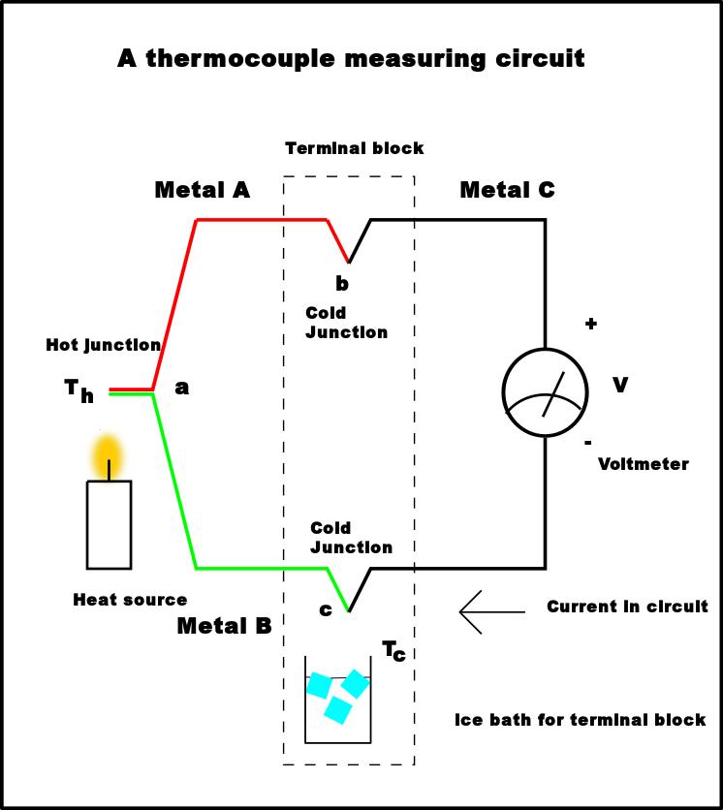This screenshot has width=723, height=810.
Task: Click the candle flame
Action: coord(108,452)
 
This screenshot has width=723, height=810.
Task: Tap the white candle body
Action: coord(109,524)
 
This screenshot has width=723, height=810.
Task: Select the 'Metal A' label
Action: coord(202,190)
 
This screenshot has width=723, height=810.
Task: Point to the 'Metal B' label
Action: coord(224,626)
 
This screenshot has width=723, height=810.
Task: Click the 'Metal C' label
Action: coord(507,190)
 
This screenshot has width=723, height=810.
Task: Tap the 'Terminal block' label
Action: coord(354,148)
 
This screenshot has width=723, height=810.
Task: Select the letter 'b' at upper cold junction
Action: coord(341,284)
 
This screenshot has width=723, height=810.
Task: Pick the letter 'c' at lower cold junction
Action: coord(325,610)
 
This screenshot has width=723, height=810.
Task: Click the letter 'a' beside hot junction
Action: coord(181,388)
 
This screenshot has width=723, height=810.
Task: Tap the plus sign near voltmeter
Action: coord(590,324)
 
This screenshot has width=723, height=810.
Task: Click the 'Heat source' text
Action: coord(130,600)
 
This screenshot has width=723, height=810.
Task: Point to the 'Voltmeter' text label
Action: coord(643,464)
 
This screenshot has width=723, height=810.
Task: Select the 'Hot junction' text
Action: coord(103,345)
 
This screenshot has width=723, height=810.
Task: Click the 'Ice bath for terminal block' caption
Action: coord(580,720)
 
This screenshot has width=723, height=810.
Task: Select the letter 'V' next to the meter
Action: coord(620,386)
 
